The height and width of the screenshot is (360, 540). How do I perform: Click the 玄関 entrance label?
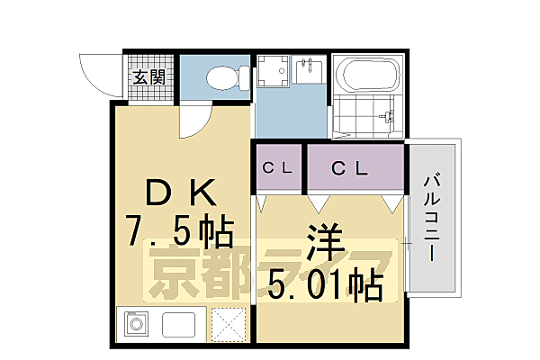pyautogui.click(x=149, y=77)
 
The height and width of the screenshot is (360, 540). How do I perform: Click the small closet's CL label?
pyautogui.click(x=275, y=166)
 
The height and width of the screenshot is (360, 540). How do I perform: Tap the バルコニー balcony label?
pyautogui.click(x=432, y=217)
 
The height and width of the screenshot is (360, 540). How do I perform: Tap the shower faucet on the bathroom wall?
pyautogui.click(x=388, y=115)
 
